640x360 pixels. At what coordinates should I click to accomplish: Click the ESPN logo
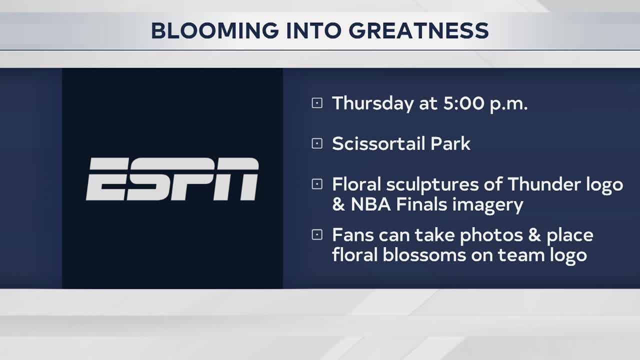click(x=172, y=179)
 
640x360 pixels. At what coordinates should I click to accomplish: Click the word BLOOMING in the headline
click(x=215, y=30)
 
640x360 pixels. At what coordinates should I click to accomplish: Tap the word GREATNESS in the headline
click(x=418, y=30)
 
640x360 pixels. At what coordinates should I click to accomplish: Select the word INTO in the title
click(x=313, y=30)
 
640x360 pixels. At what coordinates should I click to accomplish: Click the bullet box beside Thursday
click(x=317, y=103)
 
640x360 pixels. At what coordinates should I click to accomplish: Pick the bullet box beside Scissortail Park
click(x=317, y=143)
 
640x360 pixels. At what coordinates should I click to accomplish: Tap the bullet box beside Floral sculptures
click(x=317, y=184)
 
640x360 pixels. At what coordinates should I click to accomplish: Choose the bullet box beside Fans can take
click(x=317, y=235)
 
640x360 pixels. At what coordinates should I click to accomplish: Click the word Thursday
click(x=373, y=103)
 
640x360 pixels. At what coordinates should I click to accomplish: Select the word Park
click(x=450, y=143)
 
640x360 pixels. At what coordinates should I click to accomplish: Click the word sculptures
click(x=432, y=185)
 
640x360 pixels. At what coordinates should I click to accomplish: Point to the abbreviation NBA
click(x=370, y=204)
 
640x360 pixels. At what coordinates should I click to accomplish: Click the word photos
click(x=491, y=235)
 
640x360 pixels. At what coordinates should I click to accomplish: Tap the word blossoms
click(x=424, y=255)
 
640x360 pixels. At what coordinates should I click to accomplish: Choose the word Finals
click(x=421, y=204)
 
